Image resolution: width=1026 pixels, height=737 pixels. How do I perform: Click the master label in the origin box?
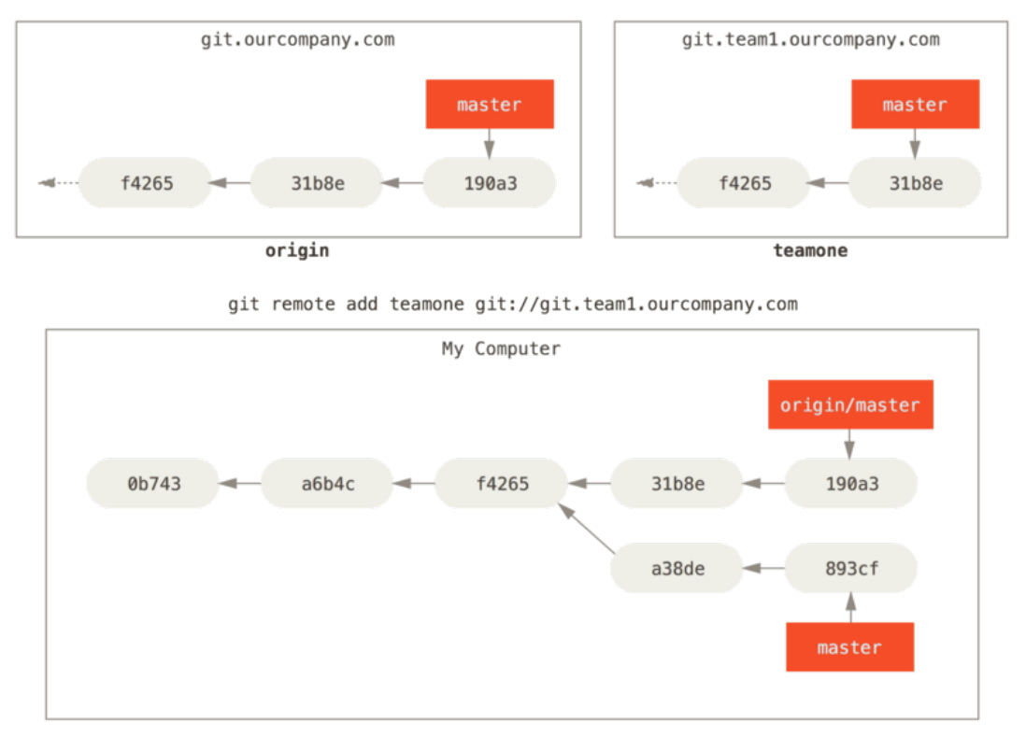click(x=490, y=104)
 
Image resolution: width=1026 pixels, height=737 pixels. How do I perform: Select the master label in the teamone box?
click(x=915, y=104)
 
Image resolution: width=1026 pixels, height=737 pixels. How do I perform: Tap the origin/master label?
click(x=850, y=404)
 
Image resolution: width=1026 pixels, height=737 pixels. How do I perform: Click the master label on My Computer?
click(x=849, y=646)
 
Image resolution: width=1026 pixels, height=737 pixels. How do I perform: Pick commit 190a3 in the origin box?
click(x=490, y=183)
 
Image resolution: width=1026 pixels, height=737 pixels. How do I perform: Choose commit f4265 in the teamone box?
click(x=745, y=183)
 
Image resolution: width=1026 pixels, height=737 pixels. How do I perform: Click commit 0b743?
click(x=153, y=483)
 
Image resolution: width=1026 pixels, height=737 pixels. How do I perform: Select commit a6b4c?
click(x=327, y=483)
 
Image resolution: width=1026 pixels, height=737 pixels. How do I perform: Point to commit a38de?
click(x=677, y=568)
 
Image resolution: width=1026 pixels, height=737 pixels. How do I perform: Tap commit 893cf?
click(x=851, y=568)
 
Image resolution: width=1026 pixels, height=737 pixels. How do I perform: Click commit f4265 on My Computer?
click(x=502, y=483)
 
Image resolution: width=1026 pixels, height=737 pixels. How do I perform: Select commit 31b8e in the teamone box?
click(x=915, y=183)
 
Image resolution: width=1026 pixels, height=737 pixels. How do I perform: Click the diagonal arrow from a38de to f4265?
click(x=586, y=528)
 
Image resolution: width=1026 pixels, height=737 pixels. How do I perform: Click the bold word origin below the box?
click(x=297, y=250)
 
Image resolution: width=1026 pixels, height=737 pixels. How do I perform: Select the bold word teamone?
click(x=810, y=250)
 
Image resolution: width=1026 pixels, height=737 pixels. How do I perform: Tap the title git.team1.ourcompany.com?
click(x=811, y=39)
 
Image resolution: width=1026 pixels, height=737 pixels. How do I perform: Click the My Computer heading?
click(x=501, y=348)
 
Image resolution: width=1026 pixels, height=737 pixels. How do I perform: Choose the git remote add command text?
click(x=513, y=304)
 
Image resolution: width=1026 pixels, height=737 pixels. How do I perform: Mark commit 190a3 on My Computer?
click(x=851, y=483)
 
